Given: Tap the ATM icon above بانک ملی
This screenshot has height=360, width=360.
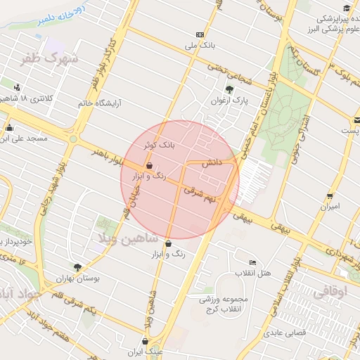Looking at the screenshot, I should (x=200, y=34).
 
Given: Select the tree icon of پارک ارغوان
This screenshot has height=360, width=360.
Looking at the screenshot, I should (x=229, y=89).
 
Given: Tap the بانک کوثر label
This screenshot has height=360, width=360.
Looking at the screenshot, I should (x=157, y=145).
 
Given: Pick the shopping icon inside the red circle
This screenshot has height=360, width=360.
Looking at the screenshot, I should (x=148, y=167).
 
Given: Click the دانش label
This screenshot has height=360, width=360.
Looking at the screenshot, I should (x=212, y=162).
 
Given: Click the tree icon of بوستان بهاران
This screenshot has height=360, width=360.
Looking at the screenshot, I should (x=77, y=267).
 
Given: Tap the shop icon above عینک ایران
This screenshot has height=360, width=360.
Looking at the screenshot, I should (x=145, y=341).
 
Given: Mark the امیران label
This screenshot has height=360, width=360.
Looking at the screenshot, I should (x=330, y=207).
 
